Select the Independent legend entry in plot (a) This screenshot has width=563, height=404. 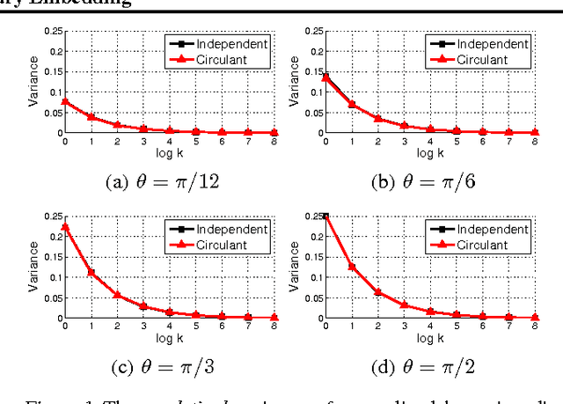point(216,42)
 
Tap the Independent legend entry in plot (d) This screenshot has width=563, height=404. point(479,229)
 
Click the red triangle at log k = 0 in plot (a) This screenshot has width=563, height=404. point(63,102)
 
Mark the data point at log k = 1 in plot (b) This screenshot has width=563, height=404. point(353,105)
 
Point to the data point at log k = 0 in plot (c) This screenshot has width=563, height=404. point(63,226)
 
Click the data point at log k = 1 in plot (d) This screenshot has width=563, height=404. point(353,267)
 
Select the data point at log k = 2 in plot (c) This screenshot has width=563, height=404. point(117,294)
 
